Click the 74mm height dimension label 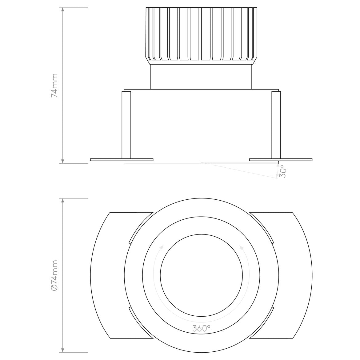(x=54, y=85)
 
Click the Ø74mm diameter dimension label (x=54, y=275)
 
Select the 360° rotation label (x=202, y=329)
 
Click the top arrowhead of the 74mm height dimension (x=63, y=10)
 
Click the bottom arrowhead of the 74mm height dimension (x=63, y=161)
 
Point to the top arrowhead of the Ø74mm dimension (x=63, y=201)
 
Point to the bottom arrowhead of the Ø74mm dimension (x=63, y=350)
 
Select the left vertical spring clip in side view (x=126, y=125)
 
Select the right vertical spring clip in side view (x=276, y=125)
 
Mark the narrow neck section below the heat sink (x=201, y=77)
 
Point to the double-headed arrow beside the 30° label (x=278, y=171)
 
